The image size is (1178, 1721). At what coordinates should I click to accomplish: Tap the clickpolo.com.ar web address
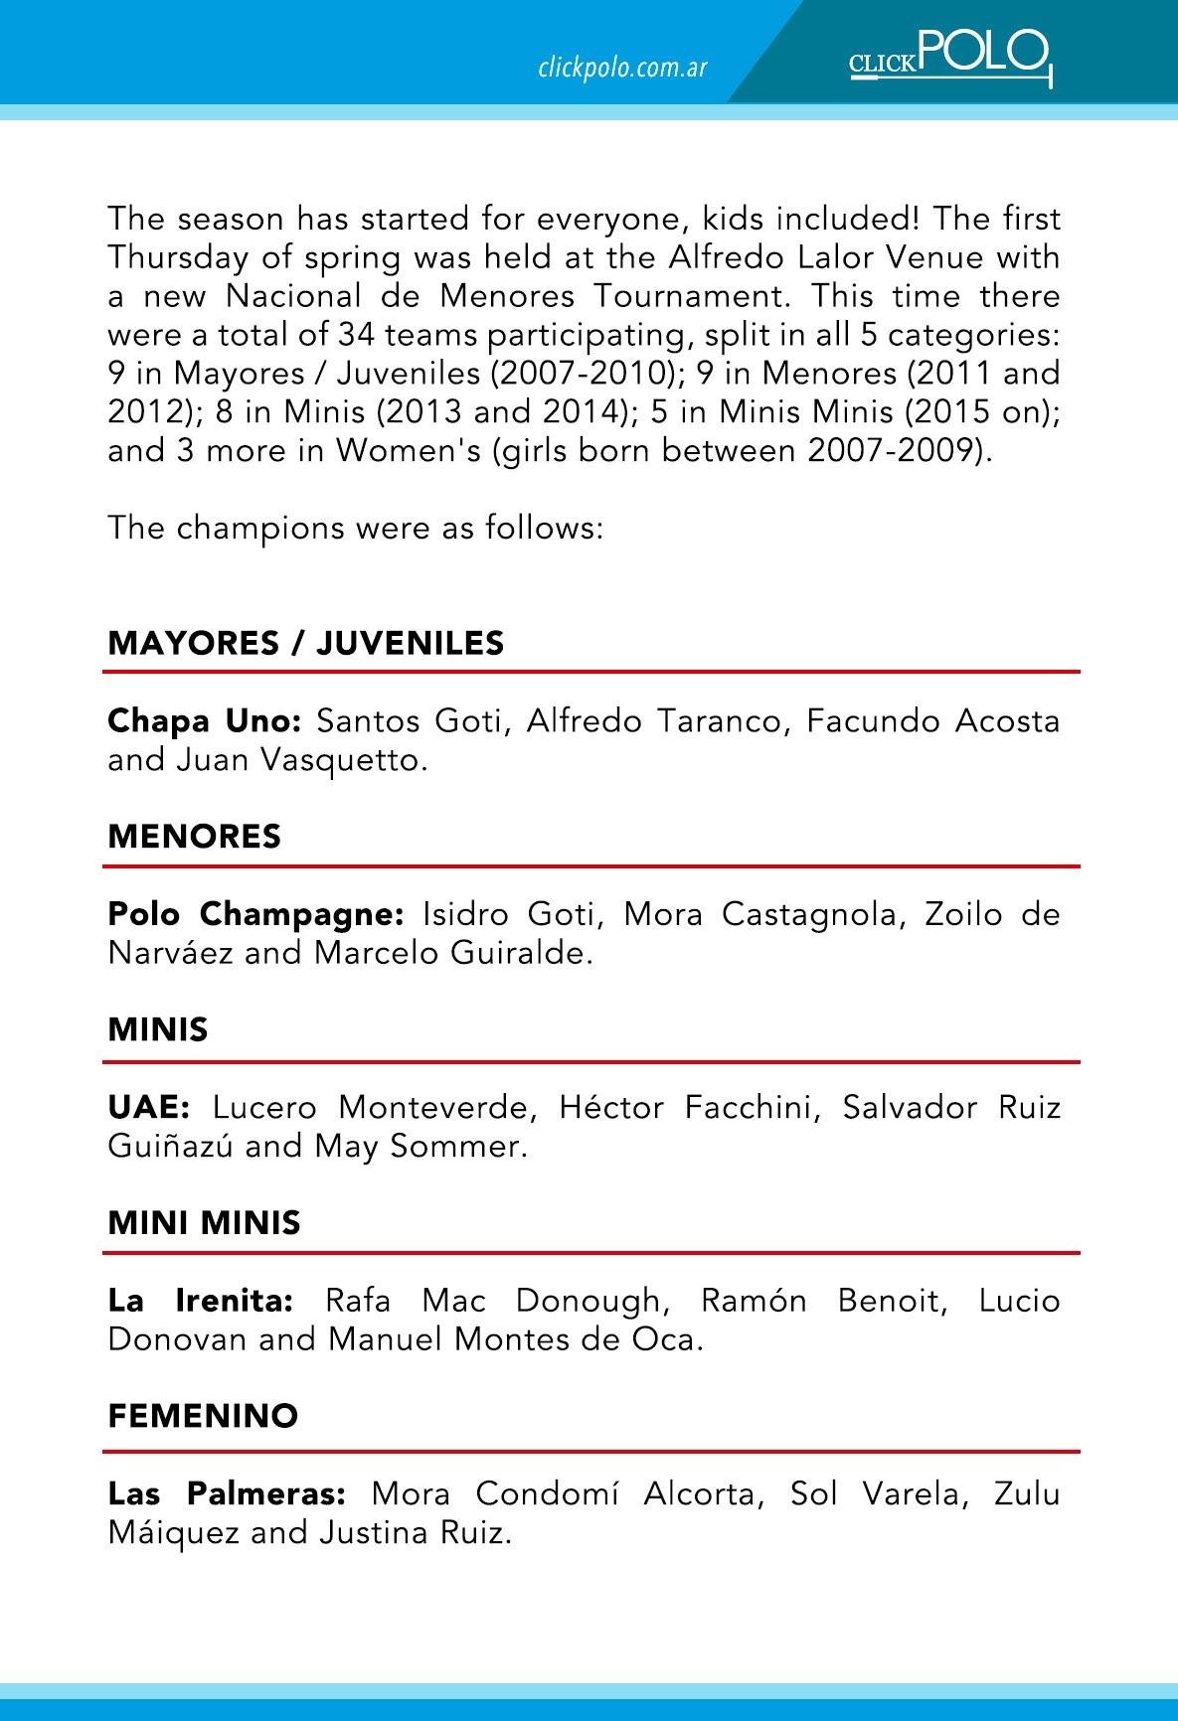622,68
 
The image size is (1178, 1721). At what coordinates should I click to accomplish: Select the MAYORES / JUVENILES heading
306,644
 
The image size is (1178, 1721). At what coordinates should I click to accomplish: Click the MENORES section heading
195,837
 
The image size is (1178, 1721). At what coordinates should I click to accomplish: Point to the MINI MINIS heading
204,1222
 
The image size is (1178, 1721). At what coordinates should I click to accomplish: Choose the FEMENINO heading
203,1416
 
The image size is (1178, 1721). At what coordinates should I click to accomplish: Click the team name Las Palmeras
227,1493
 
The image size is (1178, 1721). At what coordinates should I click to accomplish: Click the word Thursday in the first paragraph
176,257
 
